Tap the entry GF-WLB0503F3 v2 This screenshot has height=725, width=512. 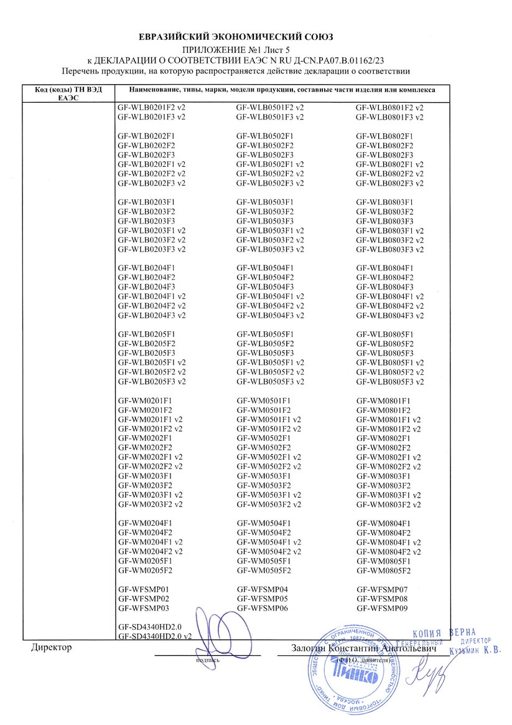tap(270, 250)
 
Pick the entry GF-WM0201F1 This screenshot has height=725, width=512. tap(144, 400)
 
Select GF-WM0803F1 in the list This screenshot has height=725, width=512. tap(384, 476)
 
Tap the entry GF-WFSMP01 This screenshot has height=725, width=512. tap(144, 589)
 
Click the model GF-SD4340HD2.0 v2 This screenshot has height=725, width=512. tap(154, 637)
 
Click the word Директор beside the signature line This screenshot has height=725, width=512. tap(52, 648)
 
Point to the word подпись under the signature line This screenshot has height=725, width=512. tap(207, 660)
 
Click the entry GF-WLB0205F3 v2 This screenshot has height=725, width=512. tap(151, 382)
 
